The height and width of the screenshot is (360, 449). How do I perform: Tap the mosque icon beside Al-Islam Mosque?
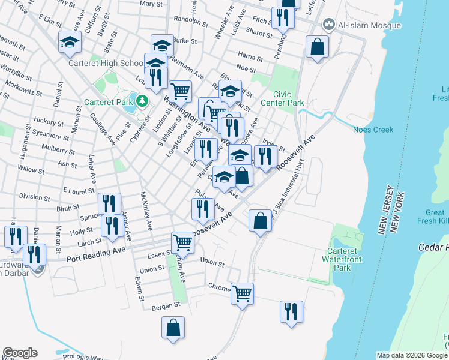328,25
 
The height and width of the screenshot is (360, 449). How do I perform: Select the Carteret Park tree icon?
142,101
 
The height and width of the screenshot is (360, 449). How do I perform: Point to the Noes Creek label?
373,130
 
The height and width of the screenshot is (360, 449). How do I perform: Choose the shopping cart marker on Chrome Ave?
242,293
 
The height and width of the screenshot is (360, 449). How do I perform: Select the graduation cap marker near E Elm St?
70,43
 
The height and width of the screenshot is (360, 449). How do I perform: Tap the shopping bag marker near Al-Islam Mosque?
317,46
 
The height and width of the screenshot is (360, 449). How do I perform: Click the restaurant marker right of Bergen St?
291,311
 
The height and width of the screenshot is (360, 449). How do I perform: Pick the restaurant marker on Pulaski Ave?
202,209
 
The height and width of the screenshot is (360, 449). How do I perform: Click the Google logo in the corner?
20,353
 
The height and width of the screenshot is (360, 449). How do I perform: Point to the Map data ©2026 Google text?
412,355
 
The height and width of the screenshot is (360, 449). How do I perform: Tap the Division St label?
30,196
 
